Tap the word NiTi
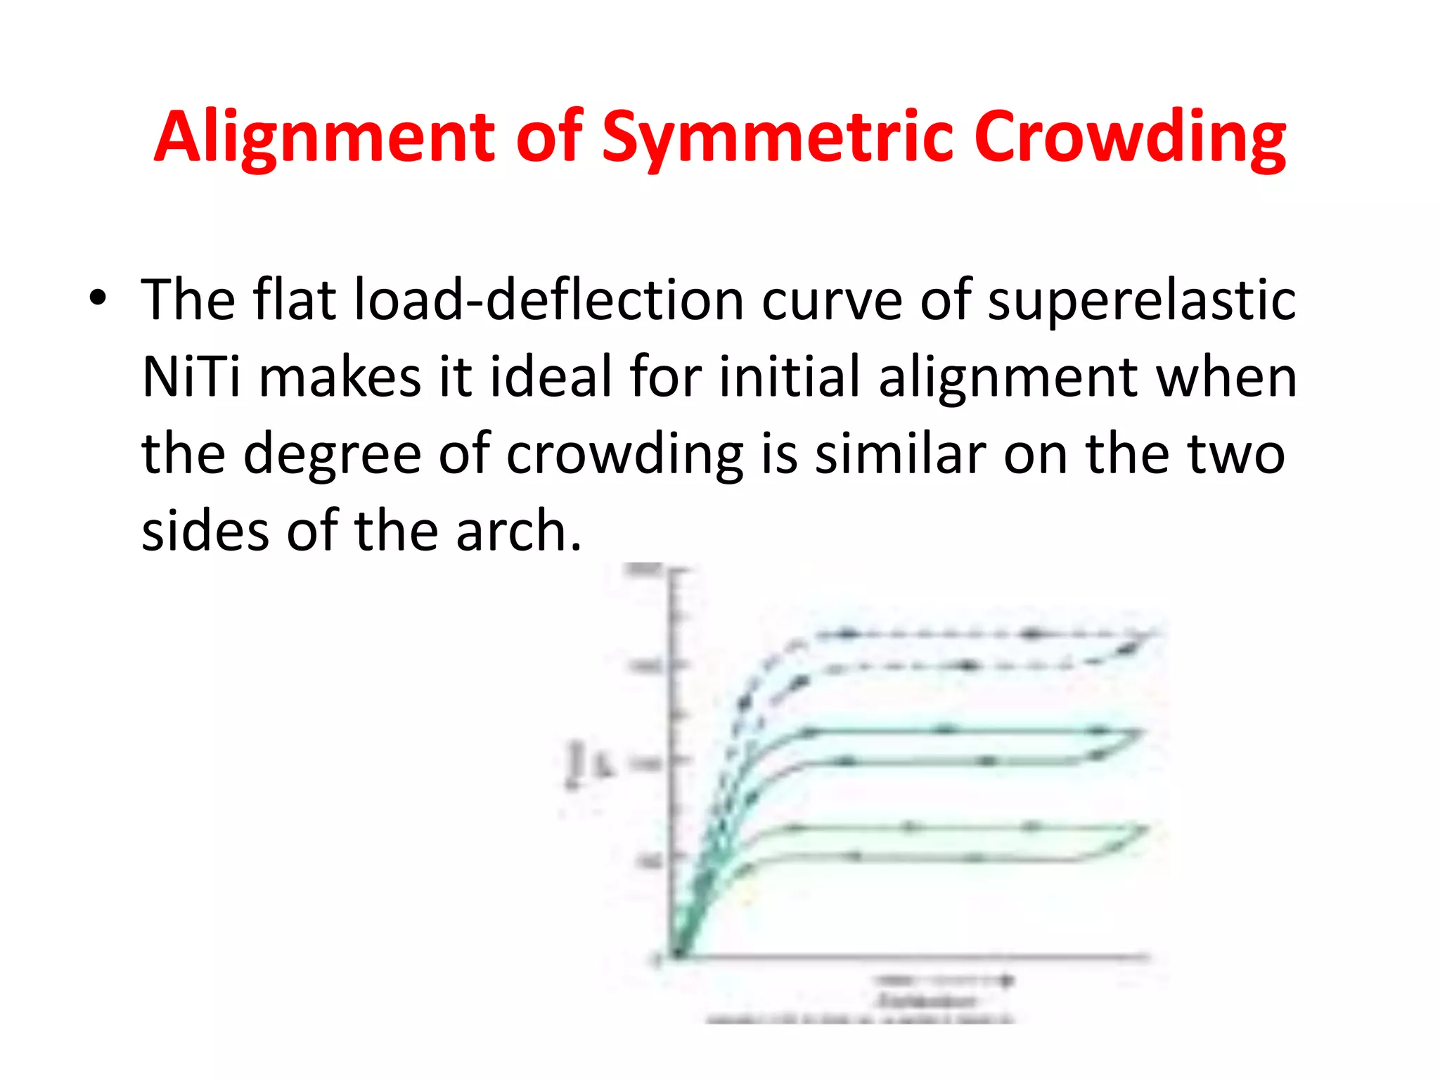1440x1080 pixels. pos(191,377)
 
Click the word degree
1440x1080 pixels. pos(331,454)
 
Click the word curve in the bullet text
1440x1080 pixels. pos(832,300)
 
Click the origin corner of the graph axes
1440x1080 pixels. pos(676,956)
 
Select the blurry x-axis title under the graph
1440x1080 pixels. pos(927,1001)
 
